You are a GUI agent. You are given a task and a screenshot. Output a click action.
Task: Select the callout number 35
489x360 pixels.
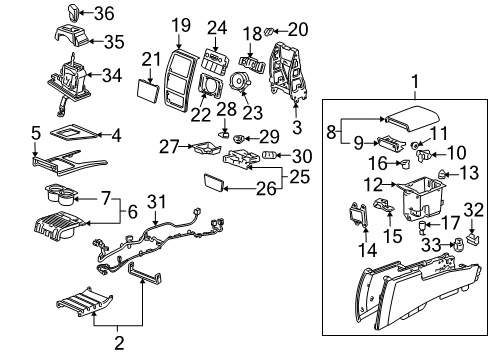pyautogui.click(x=113, y=42)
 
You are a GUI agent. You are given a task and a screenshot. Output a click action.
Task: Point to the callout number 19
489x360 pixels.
pyautogui.click(x=179, y=24)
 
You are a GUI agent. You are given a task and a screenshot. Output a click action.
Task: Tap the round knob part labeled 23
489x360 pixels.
pyautogui.click(x=241, y=83)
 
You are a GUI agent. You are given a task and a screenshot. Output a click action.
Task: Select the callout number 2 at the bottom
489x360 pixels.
pyautogui.click(x=120, y=345)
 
